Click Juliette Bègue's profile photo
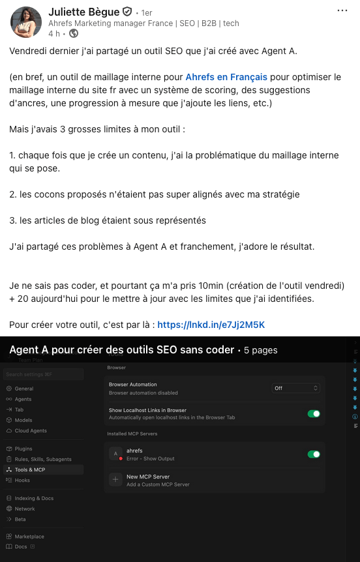coord(26,22)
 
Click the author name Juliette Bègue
coord(84,12)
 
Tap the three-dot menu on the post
coord(342,11)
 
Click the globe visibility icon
coord(74,34)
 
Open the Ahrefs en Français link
coord(226,77)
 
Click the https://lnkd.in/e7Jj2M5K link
coord(211,325)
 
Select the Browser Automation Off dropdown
coord(296,388)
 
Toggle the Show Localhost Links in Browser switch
coord(314,413)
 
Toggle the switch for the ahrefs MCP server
coord(314,454)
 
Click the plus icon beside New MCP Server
coord(115,480)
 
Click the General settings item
coord(24,389)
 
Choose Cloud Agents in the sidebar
coord(31,431)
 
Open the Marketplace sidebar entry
coord(29,537)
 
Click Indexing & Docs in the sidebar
coord(35,498)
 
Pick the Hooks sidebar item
coord(22,481)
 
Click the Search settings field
coord(43,374)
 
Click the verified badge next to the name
coord(127,12)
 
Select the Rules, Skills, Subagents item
coord(42,459)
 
